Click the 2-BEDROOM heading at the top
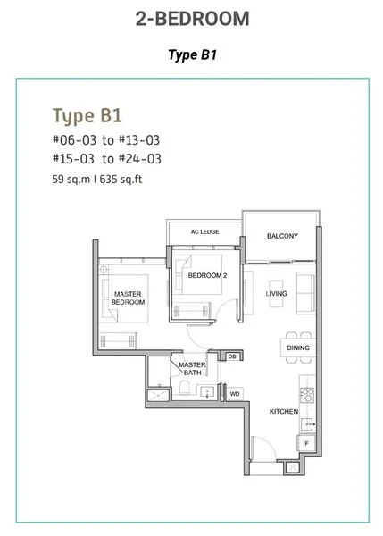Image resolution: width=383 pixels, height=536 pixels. [192, 19]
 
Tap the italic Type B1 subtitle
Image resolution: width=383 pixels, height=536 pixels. [192, 54]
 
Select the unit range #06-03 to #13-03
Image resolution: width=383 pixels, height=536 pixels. [106, 140]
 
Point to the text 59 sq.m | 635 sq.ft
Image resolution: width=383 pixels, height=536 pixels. [97, 180]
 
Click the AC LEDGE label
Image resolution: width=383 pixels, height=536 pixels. [204, 231]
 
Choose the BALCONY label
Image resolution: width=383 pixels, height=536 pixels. [282, 236]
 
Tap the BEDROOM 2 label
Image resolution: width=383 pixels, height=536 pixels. [207, 275]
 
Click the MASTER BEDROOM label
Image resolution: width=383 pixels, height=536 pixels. [128, 298]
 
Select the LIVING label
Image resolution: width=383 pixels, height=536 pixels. [277, 294]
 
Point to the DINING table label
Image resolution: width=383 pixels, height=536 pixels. [298, 348]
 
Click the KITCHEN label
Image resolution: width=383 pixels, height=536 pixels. [284, 412]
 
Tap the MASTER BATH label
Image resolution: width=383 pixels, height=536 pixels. [192, 369]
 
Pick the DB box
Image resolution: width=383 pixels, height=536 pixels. [232, 356]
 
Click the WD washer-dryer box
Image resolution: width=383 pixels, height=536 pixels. [235, 394]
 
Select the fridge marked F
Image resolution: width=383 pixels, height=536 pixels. [306, 444]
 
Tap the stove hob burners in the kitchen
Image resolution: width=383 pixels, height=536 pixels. [307, 395]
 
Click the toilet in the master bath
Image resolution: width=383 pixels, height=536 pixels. [184, 389]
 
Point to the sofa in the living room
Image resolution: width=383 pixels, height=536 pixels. [305, 293]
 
